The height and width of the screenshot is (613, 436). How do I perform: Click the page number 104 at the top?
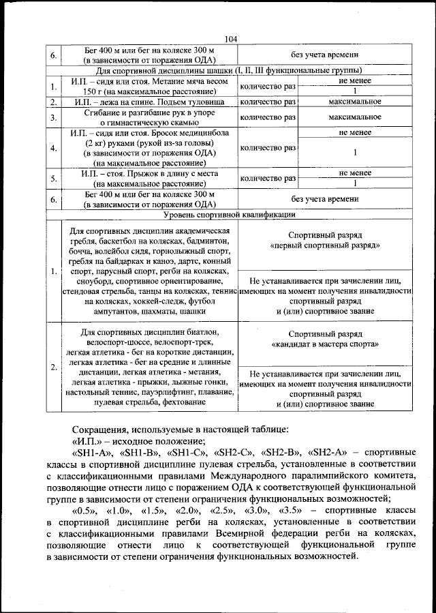point(229,40)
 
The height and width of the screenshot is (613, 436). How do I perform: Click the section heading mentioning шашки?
point(229,70)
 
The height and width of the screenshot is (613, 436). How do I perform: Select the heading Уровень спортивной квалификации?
point(229,215)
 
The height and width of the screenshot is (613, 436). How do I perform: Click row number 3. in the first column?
point(53,117)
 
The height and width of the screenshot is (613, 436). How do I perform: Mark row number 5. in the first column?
point(53,179)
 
